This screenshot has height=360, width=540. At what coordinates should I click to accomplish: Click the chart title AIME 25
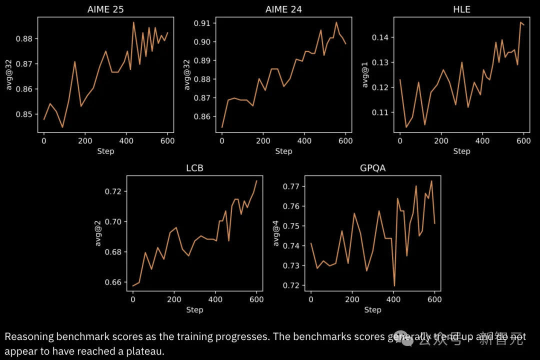coord(105,9)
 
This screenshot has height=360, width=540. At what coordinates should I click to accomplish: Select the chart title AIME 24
coord(283,9)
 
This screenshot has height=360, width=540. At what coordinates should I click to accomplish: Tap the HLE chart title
coord(461,9)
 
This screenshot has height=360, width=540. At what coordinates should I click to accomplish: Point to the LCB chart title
coord(194,168)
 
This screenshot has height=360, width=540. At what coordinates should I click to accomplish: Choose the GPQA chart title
coord(372,168)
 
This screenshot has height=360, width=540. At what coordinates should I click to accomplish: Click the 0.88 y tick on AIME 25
coord(24,39)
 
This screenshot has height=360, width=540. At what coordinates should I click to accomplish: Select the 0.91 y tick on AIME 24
coord(202,23)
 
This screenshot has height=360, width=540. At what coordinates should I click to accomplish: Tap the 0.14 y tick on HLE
coord(380,37)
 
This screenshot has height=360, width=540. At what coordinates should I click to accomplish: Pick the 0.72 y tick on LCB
coord(113,191)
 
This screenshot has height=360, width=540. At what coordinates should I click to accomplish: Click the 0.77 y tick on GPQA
coord(291,186)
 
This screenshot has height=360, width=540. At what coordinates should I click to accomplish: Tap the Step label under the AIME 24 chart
coord(283,151)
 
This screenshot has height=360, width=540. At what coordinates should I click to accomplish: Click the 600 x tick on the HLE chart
coord(523,141)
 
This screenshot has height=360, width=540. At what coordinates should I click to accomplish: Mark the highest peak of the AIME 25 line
coord(133,22)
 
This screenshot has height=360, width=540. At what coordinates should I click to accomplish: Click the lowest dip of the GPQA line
coord(394,285)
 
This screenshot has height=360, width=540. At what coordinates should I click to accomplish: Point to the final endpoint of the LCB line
coord(256,180)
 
